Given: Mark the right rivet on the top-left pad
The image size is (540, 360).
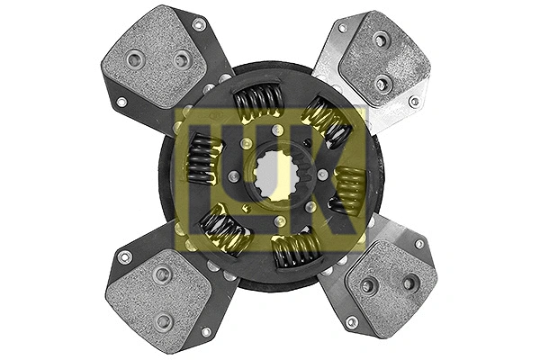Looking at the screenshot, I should tap(182, 59).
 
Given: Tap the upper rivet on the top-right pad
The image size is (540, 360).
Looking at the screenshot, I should tap(381, 40).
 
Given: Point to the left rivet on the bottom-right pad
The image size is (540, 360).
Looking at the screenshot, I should tap(367, 286).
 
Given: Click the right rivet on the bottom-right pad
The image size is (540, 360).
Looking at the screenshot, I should tap(410, 281).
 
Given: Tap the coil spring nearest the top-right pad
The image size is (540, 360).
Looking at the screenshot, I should tap(326, 121).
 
